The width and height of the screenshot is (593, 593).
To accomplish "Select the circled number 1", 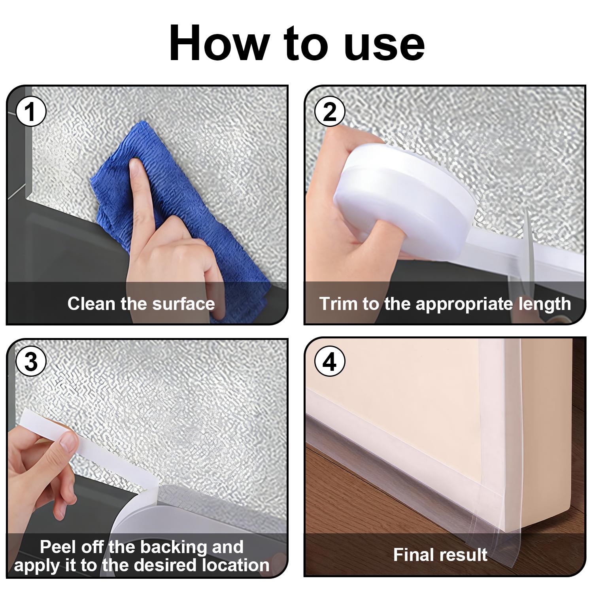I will pyautogui.click(x=31, y=112).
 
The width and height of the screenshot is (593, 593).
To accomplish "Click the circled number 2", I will pyautogui.click(x=330, y=112).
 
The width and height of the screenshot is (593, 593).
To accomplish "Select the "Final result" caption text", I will pyautogui.click(x=440, y=555).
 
